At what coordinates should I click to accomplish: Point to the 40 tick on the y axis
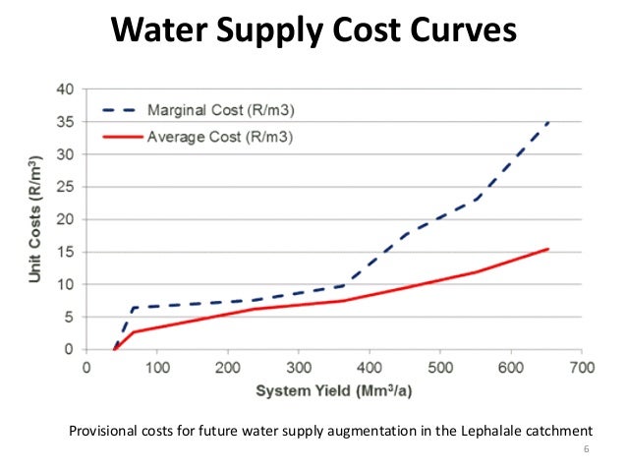click(66, 88)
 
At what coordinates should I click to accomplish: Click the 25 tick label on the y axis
click(66, 187)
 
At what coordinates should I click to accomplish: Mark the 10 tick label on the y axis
click(66, 284)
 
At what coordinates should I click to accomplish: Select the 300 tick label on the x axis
click(299, 368)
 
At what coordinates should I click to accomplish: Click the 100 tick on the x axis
click(157, 368)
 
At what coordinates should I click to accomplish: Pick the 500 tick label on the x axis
click(440, 368)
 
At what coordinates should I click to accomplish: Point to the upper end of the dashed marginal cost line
click(548, 122)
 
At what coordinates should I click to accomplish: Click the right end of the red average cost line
click(547, 249)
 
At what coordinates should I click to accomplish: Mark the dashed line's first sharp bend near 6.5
click(133, 308)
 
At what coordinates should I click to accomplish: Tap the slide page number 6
click(587, 451)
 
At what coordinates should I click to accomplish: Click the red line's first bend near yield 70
click(134, 332)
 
